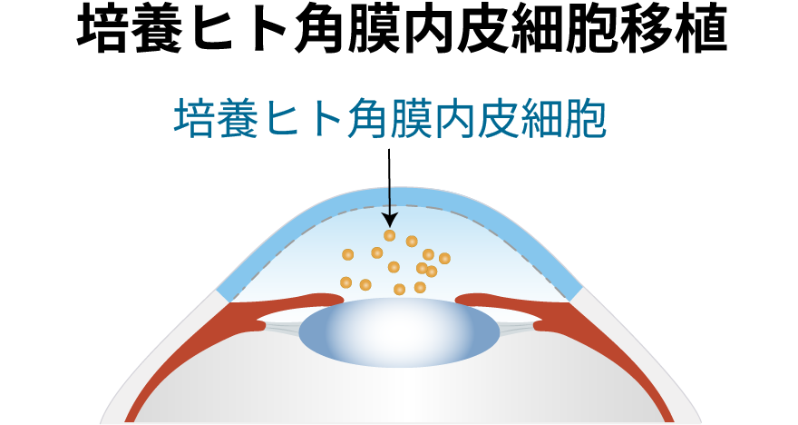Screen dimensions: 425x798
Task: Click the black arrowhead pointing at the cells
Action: click(x=389, y=220)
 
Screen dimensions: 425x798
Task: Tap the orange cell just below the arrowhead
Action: click(x=390, y=236)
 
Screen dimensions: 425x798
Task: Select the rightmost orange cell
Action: click(x=444, y=259)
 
